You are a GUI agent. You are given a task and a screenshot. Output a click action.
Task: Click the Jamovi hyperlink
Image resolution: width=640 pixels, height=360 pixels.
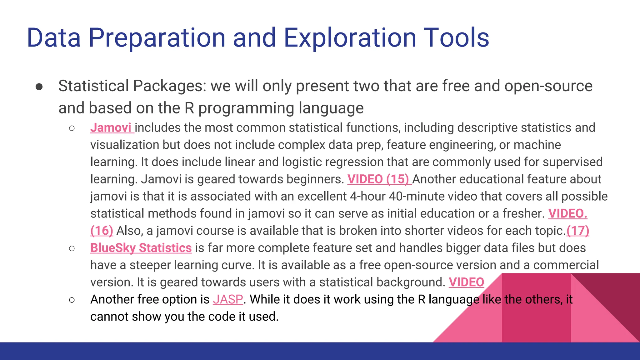point(111,128)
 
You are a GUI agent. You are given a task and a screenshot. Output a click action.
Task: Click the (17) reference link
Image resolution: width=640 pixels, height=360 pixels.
point(578,231)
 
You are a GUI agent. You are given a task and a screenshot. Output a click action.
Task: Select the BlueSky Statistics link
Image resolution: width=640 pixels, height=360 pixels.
point(141,248)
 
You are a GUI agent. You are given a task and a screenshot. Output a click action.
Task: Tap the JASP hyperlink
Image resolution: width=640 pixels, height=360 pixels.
point(228,300)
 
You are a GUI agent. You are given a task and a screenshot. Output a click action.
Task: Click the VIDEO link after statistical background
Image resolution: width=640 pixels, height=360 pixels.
point(466,282)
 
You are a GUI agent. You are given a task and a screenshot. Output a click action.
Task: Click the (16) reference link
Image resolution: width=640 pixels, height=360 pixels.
point(102,231)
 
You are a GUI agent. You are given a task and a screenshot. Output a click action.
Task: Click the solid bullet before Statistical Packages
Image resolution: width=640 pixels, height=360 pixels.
point(39,87)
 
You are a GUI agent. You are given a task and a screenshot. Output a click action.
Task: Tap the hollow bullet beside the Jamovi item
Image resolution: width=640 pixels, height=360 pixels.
point(72,128)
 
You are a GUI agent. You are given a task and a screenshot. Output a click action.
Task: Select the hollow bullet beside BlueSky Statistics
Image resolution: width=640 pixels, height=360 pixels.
point(72,248)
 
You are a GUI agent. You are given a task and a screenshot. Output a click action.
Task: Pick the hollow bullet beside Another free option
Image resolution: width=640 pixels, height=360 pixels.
point(72,300)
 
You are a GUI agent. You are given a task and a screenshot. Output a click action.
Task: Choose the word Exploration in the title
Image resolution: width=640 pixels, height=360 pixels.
point(350,38)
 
